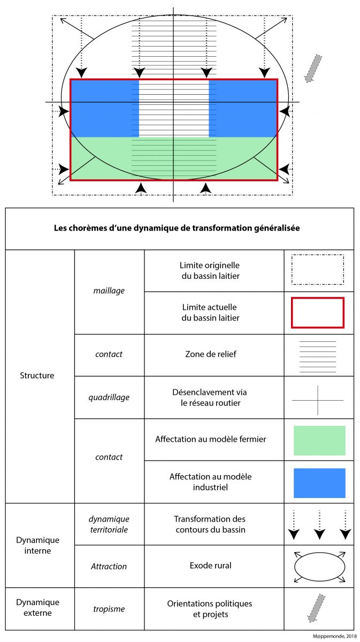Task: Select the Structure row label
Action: pos(37,376)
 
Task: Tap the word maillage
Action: pos(109,291)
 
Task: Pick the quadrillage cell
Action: pos(109,397)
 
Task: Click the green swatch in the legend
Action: pos(319,440)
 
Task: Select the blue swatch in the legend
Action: pos(319,483)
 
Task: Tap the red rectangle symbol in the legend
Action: pos(318,312)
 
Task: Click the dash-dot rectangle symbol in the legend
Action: pos(318,270)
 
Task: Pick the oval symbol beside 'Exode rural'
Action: pos(319,566)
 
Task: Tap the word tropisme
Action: pos(109,608)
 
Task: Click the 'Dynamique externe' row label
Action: pos(37,608)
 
